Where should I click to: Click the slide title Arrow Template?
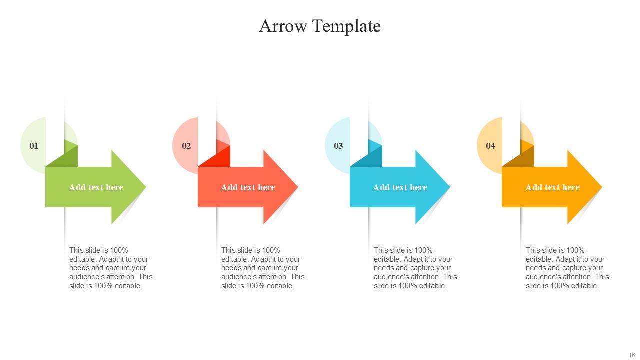320,26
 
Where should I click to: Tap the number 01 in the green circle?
34,146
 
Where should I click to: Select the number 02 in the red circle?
186,146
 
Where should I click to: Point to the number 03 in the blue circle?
338,146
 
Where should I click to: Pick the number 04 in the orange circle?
490,146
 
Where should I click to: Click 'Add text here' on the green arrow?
96,187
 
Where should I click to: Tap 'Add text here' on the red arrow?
248,187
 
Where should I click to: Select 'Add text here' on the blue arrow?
400,187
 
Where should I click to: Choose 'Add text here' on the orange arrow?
552,187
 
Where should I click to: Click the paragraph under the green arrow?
111,268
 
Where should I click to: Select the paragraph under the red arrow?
263,268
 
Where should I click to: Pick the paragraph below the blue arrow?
415,268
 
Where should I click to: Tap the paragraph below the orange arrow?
567,268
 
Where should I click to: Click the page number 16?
632,355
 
